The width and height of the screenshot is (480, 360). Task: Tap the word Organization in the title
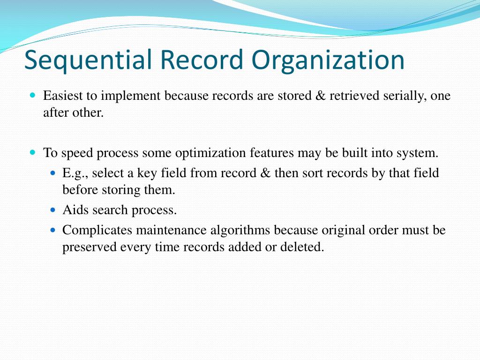click(327, 60)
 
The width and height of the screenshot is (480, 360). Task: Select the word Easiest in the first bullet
click(61, 96)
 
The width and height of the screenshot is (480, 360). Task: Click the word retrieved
click(355, 96)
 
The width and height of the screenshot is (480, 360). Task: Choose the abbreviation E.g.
click(75, 173)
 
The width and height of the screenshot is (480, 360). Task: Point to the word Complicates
click(96, 231)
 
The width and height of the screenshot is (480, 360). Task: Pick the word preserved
click(90, 247)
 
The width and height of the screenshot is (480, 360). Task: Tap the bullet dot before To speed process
click(32, 152)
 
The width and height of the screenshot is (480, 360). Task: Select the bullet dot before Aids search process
click(52, 210)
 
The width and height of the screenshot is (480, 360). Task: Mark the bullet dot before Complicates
click(52, 230)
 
